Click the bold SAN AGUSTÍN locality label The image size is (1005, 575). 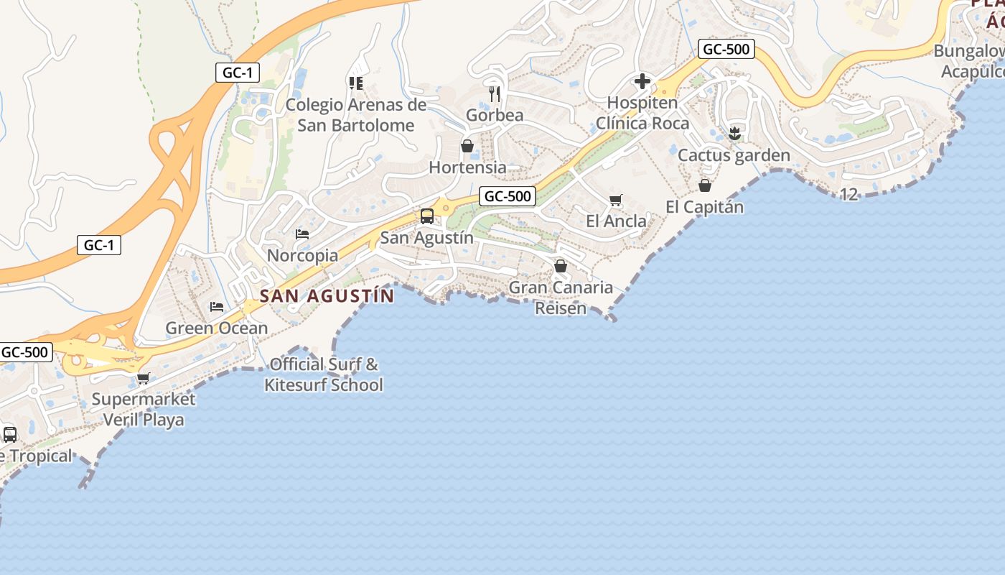click(327, 295)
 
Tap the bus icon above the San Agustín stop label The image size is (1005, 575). click(426, 216)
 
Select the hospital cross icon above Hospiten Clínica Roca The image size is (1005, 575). click(642, 81)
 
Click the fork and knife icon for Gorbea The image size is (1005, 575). click(495, 93)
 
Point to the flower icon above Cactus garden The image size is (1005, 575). click(734, 133)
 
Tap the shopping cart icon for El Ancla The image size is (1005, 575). click(615, 200)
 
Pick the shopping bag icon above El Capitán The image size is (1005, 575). click(705, 185)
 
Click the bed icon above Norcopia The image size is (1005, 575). click(302, 234)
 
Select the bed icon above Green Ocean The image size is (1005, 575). click(216, 307)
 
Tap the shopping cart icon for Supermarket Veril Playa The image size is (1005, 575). click(143, 378)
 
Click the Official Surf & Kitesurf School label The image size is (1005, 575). click(323, 374)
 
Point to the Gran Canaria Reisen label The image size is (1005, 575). click(561, 298)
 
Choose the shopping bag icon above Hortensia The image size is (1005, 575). click(467, 147)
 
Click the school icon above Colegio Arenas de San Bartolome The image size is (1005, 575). click(355, 83)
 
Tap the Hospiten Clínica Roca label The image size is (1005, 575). click(642, 113)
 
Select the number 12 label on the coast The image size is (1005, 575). click(849, 194)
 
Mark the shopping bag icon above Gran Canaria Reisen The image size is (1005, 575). click(561, 267)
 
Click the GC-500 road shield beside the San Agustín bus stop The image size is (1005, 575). click(508, 196)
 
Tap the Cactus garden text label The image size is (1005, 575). click(734, 155)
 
